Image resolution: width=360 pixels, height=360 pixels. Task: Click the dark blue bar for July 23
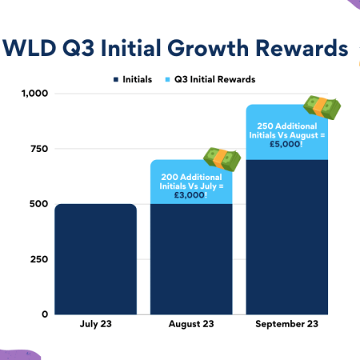[x=95, y=258]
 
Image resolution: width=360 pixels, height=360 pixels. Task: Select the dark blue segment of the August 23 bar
[x=191, y=258]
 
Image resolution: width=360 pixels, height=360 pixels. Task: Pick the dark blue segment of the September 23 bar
[x=287, y=237]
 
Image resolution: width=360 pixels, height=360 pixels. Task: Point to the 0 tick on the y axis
[x=43, y=314]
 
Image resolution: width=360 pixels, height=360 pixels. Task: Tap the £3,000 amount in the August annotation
[x=188, y=194]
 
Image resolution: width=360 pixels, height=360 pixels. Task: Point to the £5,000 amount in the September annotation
[x=284, y=145]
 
